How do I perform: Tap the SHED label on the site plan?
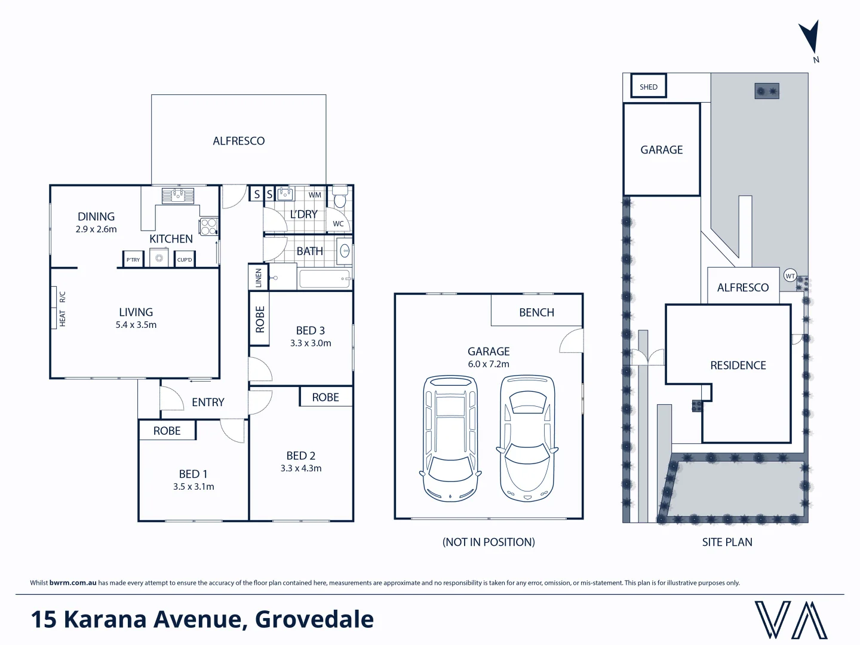coord(648,87)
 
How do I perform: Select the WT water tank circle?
coord(790,276)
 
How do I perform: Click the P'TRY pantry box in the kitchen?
coord(133,259)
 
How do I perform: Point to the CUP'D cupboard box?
coord(185,259)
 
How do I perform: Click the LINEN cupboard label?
coord(259,278)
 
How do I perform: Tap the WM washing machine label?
coord(315,195)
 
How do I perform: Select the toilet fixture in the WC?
coord(340,196)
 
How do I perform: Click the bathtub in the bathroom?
coord(324,279)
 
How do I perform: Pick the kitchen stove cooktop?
coord(208,227)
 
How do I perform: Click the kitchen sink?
coord(177,195)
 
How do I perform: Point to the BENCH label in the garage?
coord(536,312)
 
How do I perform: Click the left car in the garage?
coord(450,438)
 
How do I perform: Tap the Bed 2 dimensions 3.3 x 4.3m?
coord(301,469)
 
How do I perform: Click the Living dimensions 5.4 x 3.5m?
coord(136,325)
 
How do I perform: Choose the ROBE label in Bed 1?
coord(167,431)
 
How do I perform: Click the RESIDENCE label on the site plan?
coord(738,365)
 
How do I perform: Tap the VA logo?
coord(791,620)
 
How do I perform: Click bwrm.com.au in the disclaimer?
coord(73,583)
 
